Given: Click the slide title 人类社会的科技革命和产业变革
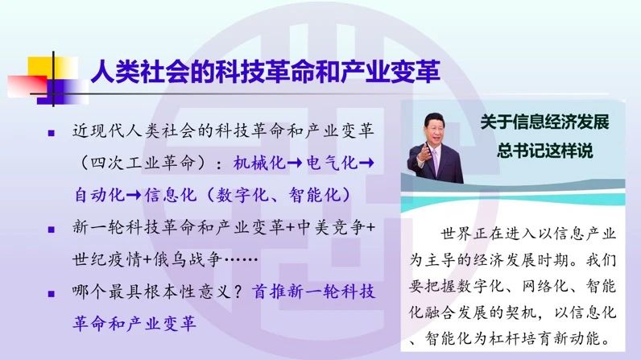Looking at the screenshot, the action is click(x=265, y=71).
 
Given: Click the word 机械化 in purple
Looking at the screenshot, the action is click(x=259, y=163).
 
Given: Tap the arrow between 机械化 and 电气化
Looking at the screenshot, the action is click(x=295, y=163).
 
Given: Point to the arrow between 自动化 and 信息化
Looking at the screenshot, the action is click(x=133, y=195).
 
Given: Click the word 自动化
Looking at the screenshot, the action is click(x=99, y=195).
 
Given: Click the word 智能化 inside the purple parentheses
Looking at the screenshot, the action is click(x=314, y=195).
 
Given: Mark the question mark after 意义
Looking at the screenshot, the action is click(x=238, y=292).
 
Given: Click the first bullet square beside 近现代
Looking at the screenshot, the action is click(x=51, y=133).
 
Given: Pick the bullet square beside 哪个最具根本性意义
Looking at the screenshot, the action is click(x=51, y=294).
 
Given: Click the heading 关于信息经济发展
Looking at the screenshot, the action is click(x=544, y=122).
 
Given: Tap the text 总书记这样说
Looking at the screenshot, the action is click(x=544, y=151).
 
